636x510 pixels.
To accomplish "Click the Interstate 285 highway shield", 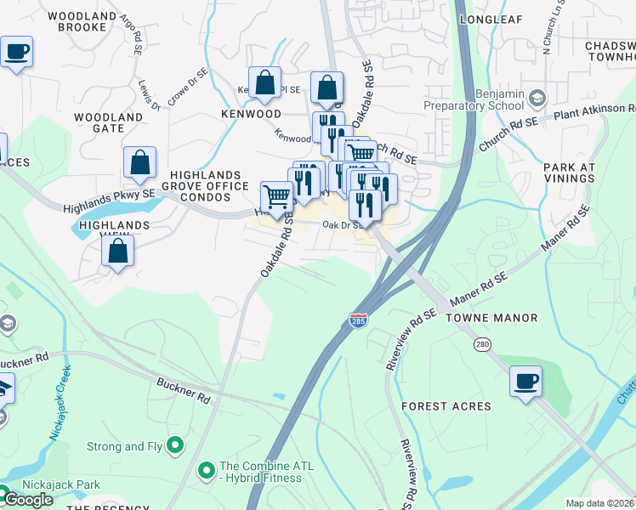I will pos(359,321).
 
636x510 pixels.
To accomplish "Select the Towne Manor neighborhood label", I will pos(498,318).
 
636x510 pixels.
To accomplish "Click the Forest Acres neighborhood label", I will pos(446,406).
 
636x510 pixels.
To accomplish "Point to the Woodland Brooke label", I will pos(76,21).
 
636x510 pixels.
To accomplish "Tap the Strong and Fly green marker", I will pos(176,444).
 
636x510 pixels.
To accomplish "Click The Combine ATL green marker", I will pos(206,470).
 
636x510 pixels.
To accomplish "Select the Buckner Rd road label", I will pos(183,390).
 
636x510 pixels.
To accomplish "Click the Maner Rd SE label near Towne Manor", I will pos(479,290).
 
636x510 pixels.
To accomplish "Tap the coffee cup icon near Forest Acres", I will pos(525,380).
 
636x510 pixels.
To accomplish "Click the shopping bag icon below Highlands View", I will pos(118,250).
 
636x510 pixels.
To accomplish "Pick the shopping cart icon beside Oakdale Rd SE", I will pos(276,197).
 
